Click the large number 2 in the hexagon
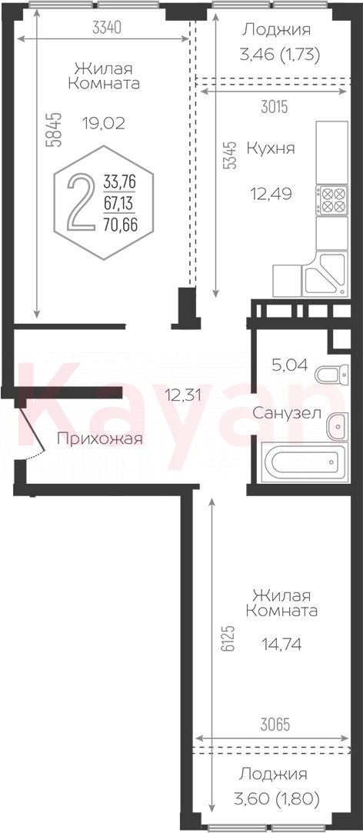tap(79, 203)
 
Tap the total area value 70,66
tap(120, 225)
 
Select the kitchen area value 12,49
tap(271, 192)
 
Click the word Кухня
tap(271, 148)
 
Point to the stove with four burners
tap(331, 200)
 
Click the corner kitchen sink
tap(325, 274)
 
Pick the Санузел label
tap(286, 412)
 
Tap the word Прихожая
tap(100, 439)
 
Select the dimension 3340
tap(108, 27)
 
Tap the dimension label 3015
tap(275, 107)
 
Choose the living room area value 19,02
tap(103, 123)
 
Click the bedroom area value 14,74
tap(281, 645)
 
